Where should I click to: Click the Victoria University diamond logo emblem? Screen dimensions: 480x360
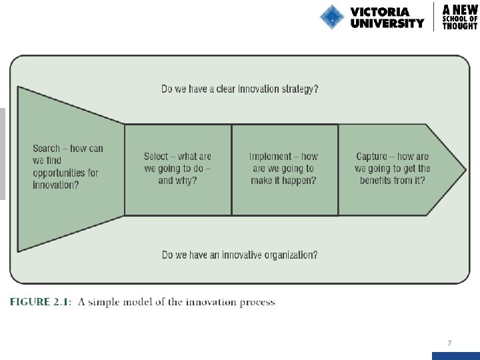pos(331,17)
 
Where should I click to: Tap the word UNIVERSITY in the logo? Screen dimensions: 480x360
pos(387,23)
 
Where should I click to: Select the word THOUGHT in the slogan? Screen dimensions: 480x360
pos(460,27)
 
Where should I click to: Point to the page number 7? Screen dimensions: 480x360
pos(449,343)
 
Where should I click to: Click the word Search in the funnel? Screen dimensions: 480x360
pos(46,148)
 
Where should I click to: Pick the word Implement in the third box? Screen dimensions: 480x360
pos(270,157)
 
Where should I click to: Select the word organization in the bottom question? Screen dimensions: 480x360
pos(287,255)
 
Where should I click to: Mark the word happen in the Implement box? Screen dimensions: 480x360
pos(301,181)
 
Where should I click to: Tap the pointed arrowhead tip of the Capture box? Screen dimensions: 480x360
pos(465,169)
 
